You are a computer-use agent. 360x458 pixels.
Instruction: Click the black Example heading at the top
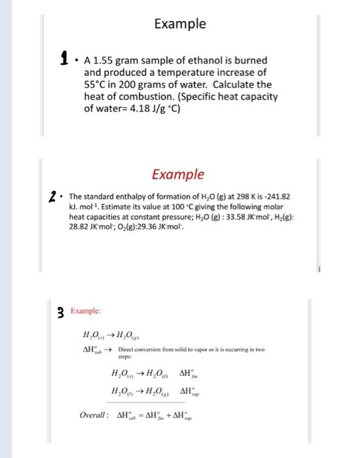(180, 24)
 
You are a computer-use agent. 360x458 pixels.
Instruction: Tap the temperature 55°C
(96, 85)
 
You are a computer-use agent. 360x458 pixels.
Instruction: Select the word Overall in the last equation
(94, 415)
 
